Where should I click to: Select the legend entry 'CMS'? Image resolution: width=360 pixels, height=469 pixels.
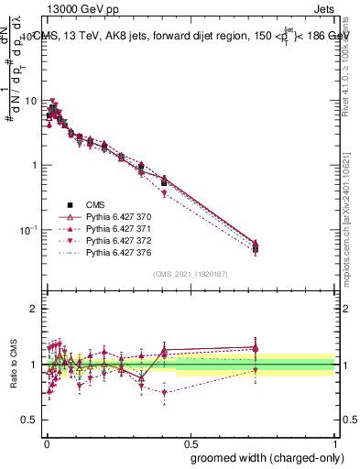point(96,205)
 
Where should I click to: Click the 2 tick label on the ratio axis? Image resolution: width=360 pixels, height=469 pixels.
point(36,309)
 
